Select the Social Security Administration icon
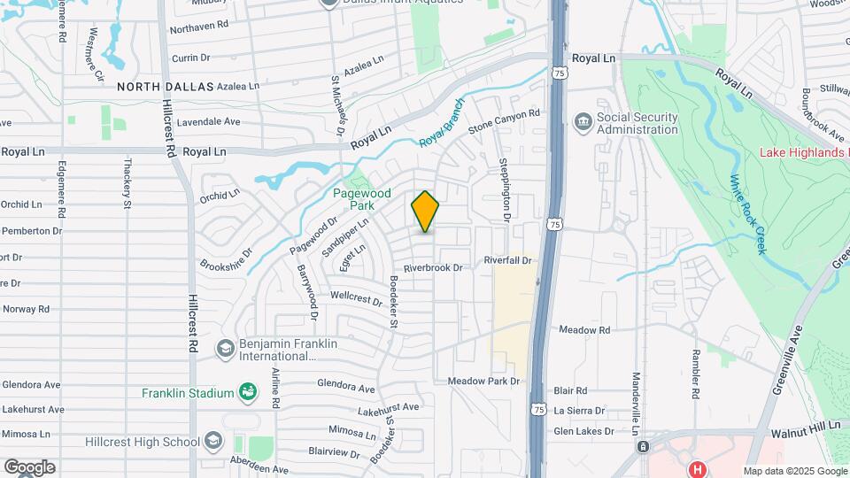coord(583,121)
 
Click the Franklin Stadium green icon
coord(249,392)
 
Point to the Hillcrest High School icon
coord(212,441)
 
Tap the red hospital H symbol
coord(698,469)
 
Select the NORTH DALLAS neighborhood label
coord(166,87)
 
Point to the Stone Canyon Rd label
coord(503,122)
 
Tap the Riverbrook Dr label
coord(433,267)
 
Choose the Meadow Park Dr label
coord(482,381)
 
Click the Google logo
coord(29,466)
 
